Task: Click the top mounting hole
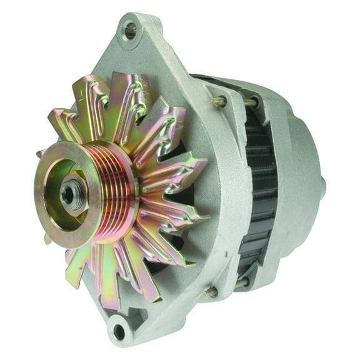(x=130, y=29)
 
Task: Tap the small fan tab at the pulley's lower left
(x=47, y=238)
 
